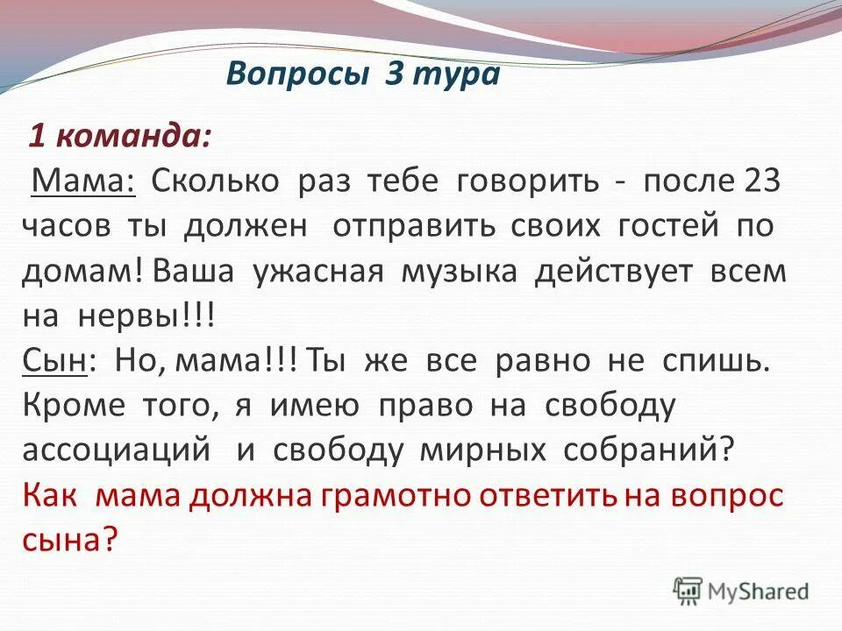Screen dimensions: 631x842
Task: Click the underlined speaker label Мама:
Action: coord(82,181)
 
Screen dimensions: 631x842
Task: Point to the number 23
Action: coord(761,181)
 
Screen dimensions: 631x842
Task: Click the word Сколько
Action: coord(215,181)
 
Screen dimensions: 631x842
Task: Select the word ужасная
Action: coord(318,271)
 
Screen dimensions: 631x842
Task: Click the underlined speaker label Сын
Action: coord(54,361)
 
